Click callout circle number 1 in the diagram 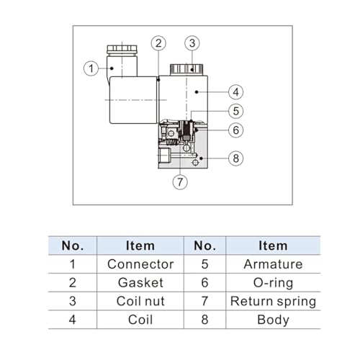91,68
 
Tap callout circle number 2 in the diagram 158,43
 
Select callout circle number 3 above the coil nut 192,43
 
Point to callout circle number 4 236,92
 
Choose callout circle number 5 236,111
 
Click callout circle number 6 236,130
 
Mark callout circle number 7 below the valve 180,182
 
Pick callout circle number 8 236,158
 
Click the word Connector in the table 140,264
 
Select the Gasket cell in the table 140,282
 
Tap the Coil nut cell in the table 140,301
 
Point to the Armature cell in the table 273,264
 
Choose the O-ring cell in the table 273,283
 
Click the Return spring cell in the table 273,302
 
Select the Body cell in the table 273,320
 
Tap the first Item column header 140,246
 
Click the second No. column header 204,246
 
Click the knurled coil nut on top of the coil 186,70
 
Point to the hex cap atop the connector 122,50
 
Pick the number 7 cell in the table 204,301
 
